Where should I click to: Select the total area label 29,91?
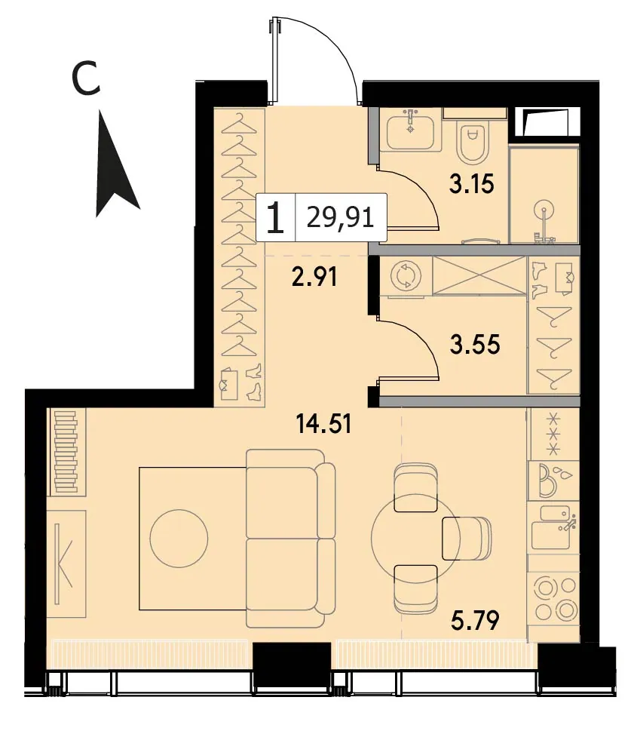pos(341,218)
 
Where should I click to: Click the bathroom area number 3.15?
pos(471,183)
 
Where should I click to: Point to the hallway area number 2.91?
pos(314,277)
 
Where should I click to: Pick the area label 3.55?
pos(475,344)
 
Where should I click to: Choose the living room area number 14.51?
pos(323,424)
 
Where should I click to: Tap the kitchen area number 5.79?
pos(475,620)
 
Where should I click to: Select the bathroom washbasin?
pos(411,129)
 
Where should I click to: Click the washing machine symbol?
pos(404,275)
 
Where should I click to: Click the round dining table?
pos(415,539)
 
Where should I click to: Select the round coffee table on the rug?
pos(179,539)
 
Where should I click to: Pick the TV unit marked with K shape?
pos(67,564)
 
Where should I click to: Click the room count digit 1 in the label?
pos(275,218)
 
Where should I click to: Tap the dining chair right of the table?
pos(467,539)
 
